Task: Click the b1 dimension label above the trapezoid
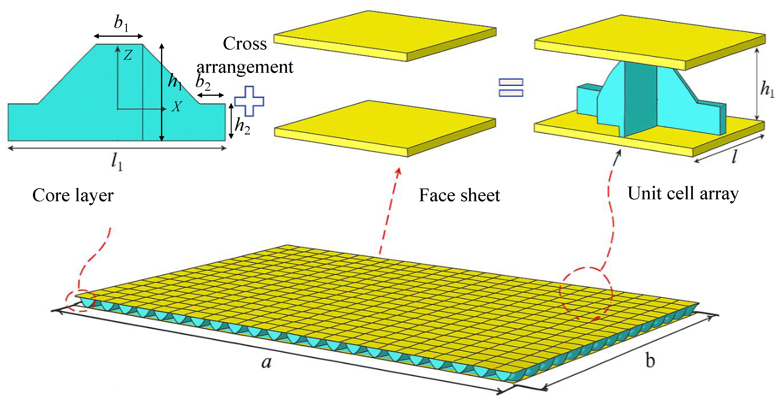121,23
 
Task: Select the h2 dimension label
242,126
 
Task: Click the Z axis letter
128,55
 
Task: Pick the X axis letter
177,106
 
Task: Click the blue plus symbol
249,101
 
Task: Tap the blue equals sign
511,87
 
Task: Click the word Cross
245,44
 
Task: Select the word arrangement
245,67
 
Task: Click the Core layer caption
73,195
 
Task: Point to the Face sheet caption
459,195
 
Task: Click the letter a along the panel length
266,362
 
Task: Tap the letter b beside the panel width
650,360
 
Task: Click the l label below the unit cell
735,156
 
